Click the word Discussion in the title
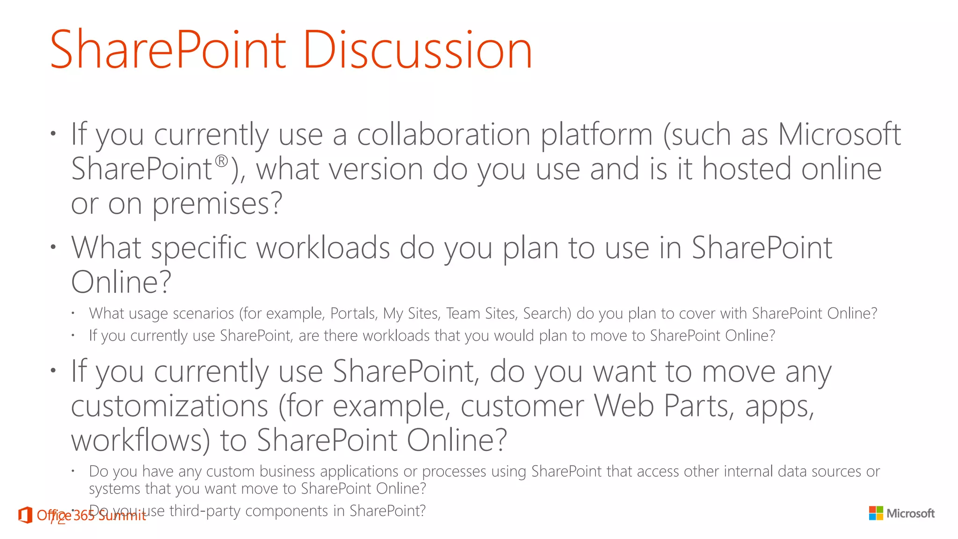point(417,50)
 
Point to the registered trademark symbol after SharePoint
point(221,161)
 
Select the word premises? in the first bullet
point(218,204)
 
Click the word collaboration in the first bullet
point(444,135)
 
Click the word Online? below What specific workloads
point(121,282)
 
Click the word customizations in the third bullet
point(169,406)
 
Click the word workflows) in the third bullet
point(140,440)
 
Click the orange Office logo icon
point(25,515)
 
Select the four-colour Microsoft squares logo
point(876,513)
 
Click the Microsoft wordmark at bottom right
point(910,514)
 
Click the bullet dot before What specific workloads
point(54,247)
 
